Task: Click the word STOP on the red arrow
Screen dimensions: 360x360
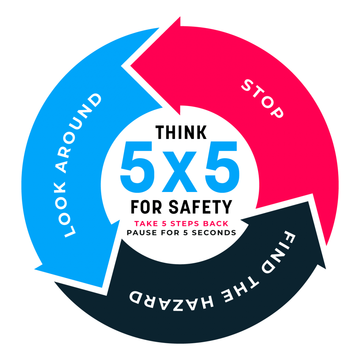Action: (262, 99)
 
